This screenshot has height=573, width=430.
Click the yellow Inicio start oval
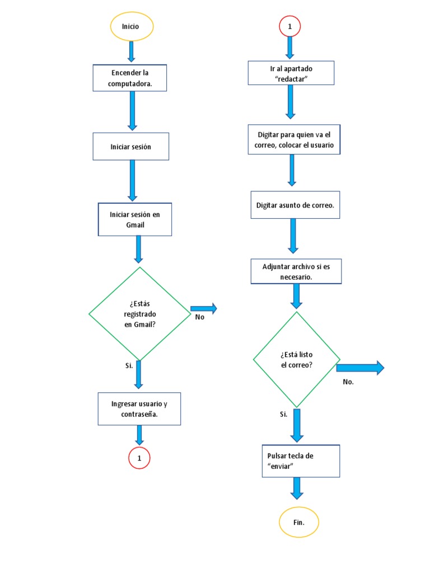(132, 26)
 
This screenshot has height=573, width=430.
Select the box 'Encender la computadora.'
(130, 78)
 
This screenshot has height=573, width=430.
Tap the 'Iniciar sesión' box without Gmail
(130, 147)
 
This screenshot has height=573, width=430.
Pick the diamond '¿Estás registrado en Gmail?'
(139, 314)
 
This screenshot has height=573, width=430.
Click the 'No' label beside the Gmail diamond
(200, 317)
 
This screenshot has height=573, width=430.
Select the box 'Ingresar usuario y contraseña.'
(139, 409)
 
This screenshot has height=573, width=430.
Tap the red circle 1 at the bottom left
(139, 458)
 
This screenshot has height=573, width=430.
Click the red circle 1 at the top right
(290, 26)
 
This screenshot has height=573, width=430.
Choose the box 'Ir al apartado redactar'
(291, 73)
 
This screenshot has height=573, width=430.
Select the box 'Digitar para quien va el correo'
(294, 140)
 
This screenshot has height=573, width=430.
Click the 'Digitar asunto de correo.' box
(295, 205)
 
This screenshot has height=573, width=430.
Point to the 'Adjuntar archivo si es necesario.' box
(296, 271)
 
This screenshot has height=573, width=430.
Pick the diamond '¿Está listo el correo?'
(296, 359)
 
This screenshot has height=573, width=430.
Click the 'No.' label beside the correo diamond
(348, 382)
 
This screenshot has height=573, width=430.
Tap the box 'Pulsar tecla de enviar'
(301, 461)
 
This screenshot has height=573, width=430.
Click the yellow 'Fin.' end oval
(299, 522)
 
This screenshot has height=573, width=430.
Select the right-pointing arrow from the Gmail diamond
(204, 308)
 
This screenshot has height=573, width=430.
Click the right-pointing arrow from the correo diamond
(360, 368)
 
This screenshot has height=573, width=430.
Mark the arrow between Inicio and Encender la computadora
(132, 51)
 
